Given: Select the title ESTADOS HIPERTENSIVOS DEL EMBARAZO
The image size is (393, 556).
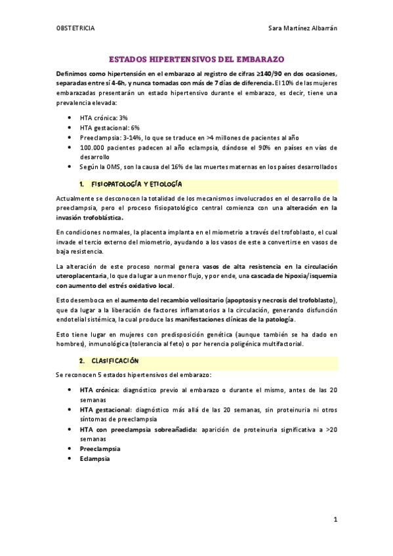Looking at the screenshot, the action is (x=196, y=58).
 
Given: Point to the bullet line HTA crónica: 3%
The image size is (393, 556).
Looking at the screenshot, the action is (x=103, y=117).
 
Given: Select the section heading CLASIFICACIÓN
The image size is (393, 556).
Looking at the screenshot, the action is (x=115, y=361).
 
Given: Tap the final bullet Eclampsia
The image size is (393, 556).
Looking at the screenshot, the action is (x=94, y=459).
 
